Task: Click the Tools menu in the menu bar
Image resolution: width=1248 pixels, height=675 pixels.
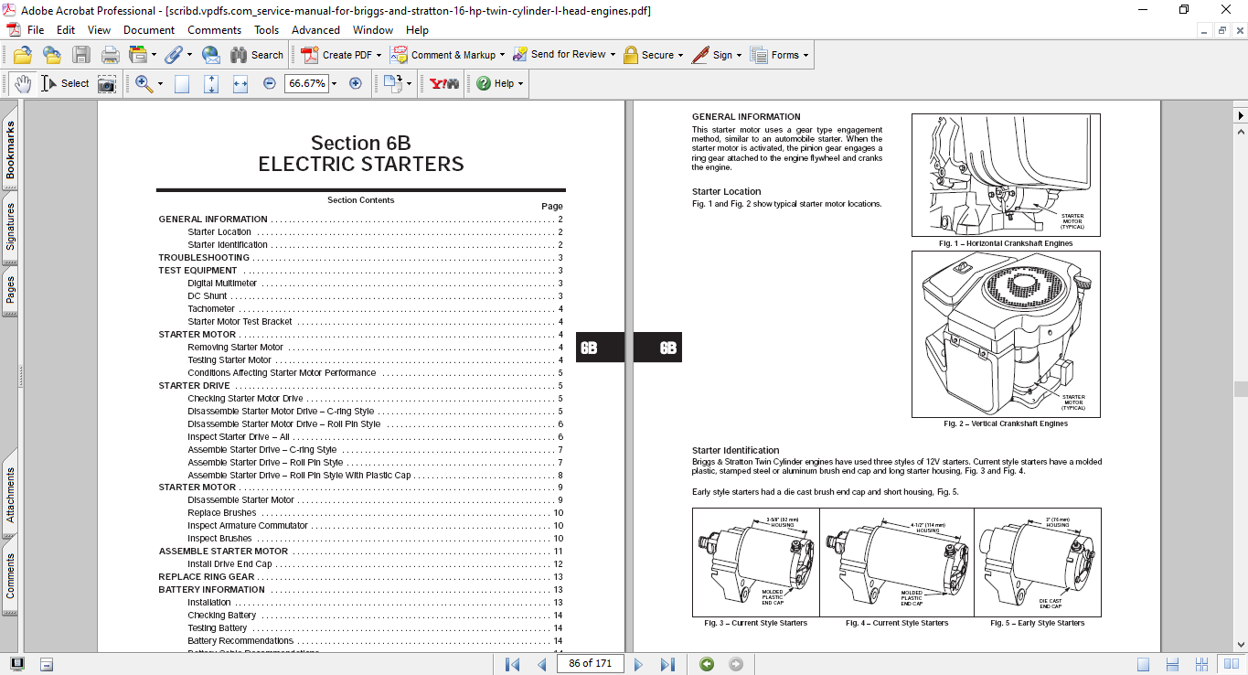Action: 266,30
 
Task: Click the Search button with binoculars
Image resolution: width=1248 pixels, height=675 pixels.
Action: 257,55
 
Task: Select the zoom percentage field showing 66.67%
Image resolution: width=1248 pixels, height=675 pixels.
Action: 306,83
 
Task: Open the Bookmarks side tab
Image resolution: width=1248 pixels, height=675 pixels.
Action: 10,150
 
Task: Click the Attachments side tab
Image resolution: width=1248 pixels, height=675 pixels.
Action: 10,495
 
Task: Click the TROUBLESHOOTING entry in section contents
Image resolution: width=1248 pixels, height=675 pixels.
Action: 204,258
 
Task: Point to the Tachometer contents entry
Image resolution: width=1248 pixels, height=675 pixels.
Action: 211,309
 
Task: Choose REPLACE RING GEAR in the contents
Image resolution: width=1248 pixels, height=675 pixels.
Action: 207,577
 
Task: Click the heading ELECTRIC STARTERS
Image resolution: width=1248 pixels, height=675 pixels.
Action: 361,165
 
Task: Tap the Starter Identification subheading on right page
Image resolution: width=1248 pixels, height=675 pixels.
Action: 735,450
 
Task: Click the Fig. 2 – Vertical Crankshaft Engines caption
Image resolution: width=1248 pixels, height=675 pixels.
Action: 1006,423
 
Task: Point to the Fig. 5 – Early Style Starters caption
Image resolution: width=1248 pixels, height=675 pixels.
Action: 1037,623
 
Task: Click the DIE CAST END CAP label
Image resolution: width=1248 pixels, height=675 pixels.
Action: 1051,604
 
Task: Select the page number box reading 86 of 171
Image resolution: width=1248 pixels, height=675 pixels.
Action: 589,663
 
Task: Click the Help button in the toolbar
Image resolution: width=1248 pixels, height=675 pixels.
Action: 499,83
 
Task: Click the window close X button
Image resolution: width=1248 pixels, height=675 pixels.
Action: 1226,10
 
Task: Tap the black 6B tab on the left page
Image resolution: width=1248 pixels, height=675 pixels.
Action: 590,348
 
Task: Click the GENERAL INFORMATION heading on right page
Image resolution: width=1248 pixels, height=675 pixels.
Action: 746,116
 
